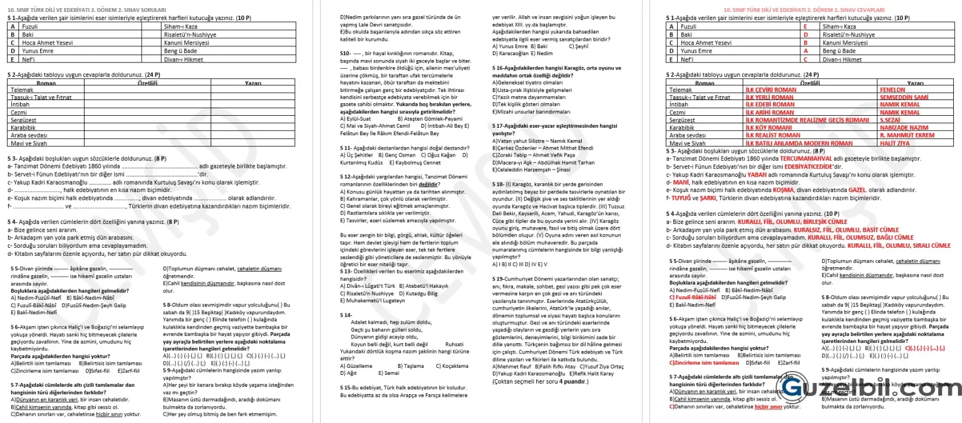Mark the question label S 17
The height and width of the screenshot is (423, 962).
499,125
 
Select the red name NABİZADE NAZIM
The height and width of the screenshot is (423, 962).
903,127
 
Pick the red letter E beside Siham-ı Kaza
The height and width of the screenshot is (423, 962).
805,27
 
